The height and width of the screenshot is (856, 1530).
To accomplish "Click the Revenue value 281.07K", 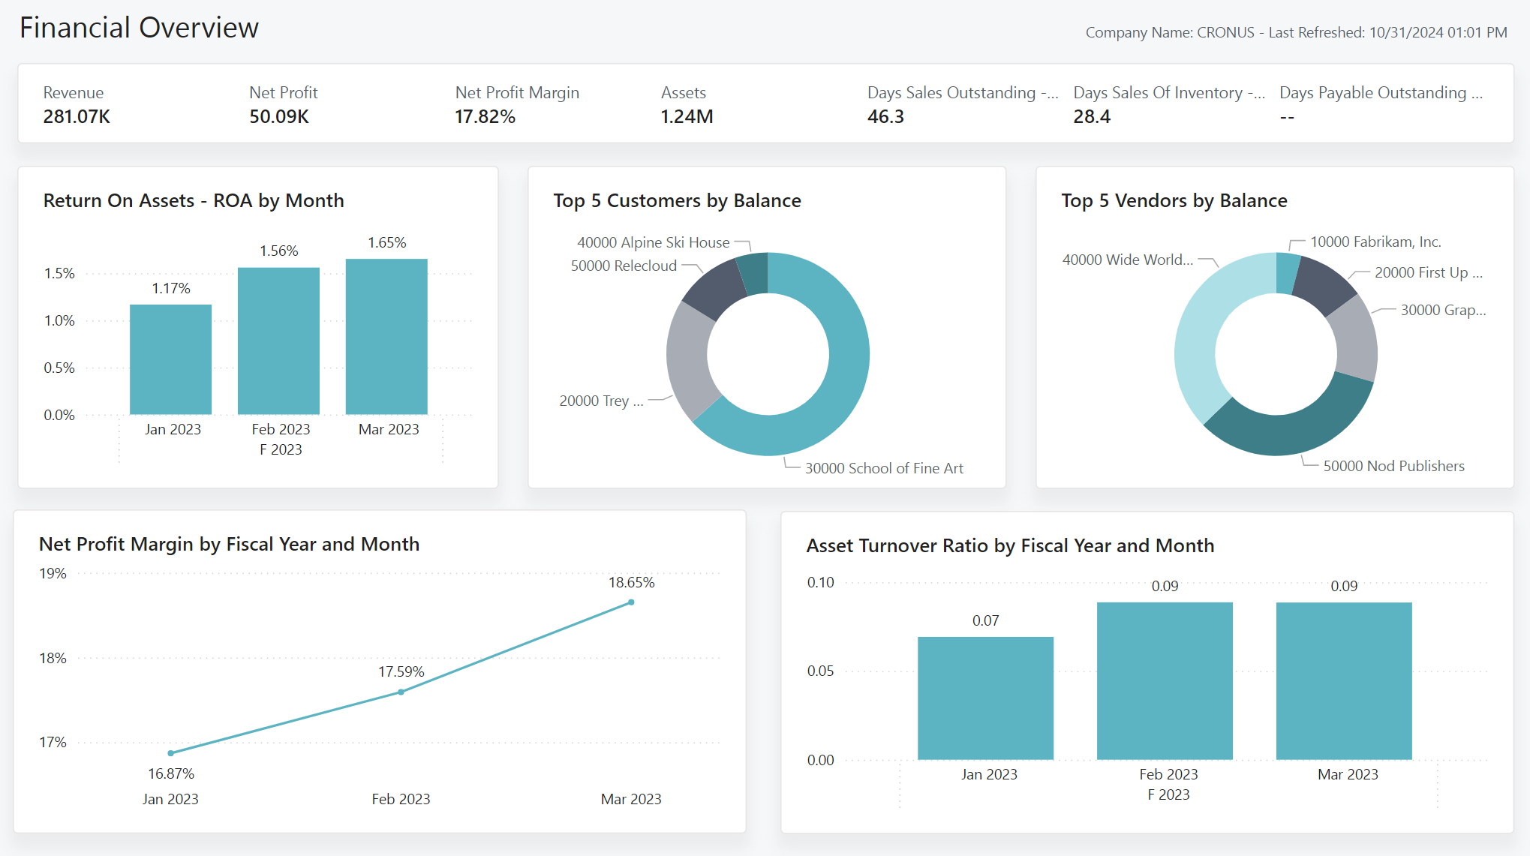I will pyautogui.click(x=77, y=117).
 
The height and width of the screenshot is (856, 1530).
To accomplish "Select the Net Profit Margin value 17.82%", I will pyautogui.click(x=485, y=117).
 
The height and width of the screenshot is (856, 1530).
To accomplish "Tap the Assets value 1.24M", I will pyautogui.click(x=687, y=117).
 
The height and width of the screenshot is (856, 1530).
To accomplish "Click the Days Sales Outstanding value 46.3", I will pyautogui.click(x=885, y=117).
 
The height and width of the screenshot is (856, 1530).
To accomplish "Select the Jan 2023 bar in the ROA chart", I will pyautogui.click(x=170, y=360).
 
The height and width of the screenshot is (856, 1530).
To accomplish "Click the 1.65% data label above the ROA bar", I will pyautogui.click(x=386, y=243).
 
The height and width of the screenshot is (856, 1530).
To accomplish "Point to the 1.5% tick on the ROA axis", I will pyautogui.click(x=59, y=274).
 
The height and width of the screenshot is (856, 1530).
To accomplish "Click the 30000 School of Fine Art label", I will pyautogui.click(x=884, y=468).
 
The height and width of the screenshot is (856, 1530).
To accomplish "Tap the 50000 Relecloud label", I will pyautogui.click(x=624, y=266).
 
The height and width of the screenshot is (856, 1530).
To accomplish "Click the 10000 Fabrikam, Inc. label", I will pyautogui.click(x=1375, y=242).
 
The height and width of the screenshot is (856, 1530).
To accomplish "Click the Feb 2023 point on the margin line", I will pyautogui.click(x=401, y=692).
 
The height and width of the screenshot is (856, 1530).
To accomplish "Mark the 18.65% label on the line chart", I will pyautogui.click(x=631, y=583).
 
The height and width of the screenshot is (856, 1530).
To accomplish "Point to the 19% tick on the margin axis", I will pyautogui.click(x=53, y=574).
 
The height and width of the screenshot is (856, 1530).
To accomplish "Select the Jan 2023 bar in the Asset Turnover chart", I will pyautogui.click(x=985, y=698).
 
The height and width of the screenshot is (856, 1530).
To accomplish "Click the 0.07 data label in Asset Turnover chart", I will pyautogui.click(x=985, y=621).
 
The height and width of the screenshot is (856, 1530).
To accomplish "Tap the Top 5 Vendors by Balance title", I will pyautogui.click(x=1174, y=201).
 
